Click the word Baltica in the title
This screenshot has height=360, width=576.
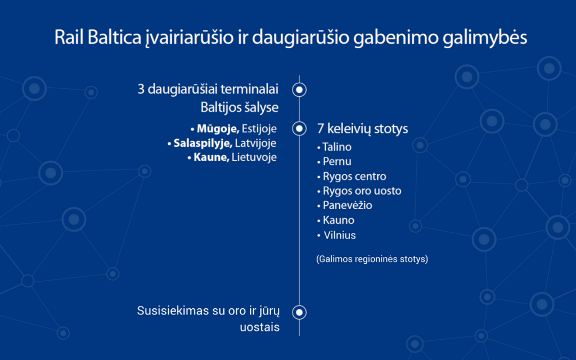click(114, 37)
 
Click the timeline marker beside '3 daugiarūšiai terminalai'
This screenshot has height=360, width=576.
click(299, 89)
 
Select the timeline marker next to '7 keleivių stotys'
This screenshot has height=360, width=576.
click(299, 129)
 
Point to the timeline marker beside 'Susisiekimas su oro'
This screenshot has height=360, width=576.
click(299, 312)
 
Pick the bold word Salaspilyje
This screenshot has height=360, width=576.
click(202, 143)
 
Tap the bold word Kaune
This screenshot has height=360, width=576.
click(211, 157)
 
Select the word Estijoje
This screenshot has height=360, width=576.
click(259, 129)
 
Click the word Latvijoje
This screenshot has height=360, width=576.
click(256, 143)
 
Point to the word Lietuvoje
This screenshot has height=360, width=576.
click(254, 157)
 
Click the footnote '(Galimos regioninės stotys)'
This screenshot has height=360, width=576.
click(372, 259)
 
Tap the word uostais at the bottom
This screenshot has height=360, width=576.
click(260, 327)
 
